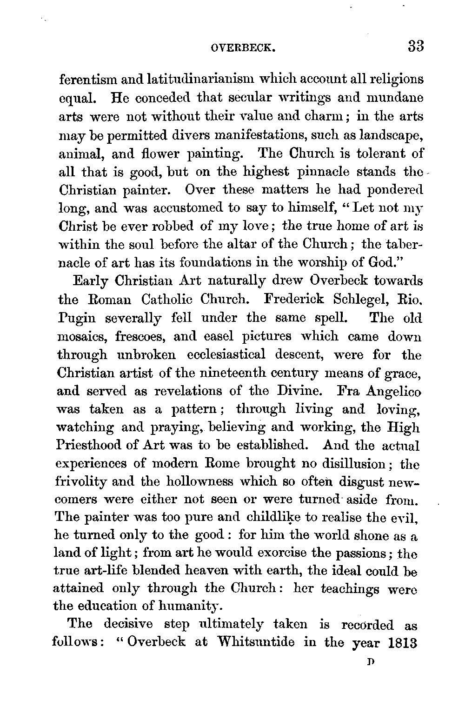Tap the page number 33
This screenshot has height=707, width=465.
click(416, 47)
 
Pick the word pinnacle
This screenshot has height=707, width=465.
click(323, 172)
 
